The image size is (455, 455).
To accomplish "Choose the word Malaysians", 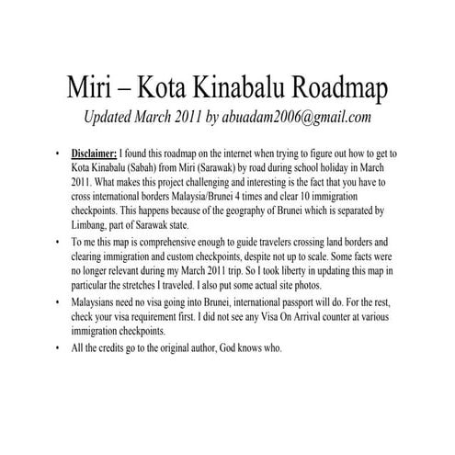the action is coord(98,302).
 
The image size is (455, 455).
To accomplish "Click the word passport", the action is coord(323,302).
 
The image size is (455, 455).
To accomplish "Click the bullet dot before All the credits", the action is coord(59,349).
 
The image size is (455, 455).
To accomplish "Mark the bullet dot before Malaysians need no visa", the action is coord(59,303).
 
